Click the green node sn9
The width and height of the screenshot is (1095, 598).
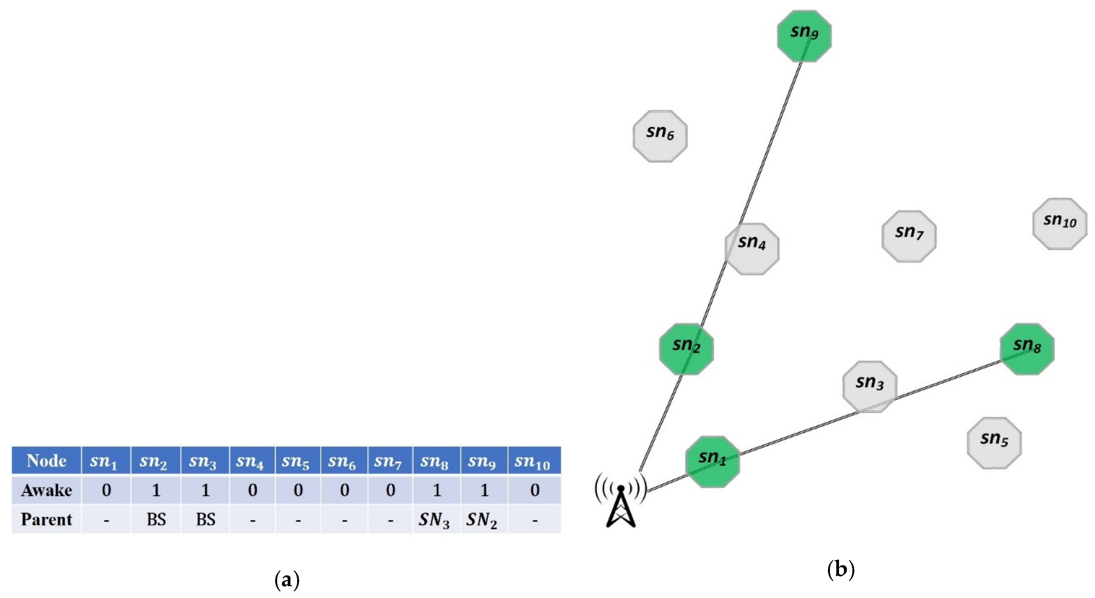[x=804, y=36]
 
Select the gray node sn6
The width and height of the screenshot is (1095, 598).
[x=660, y=136]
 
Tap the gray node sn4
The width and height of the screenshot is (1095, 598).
[x=752, y=249]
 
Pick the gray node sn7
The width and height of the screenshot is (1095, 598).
[x=909, y=236]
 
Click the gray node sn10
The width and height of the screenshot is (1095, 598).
[x=1060, y=224]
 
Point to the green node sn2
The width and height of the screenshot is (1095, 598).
[x=686, y=349]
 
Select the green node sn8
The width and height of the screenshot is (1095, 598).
[x=1027, y=349]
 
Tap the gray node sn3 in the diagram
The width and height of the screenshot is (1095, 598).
[x=870, y=386]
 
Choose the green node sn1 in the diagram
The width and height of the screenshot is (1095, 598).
[x=713, y=461]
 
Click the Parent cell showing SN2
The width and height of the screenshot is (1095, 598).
[x=482, y=519]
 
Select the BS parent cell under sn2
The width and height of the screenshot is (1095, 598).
[x=156, y=519]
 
